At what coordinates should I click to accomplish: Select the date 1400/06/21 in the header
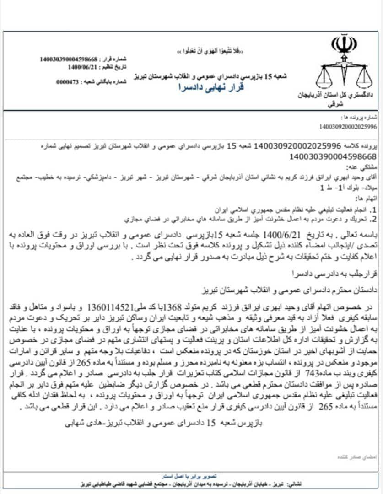tap(82, 67)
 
